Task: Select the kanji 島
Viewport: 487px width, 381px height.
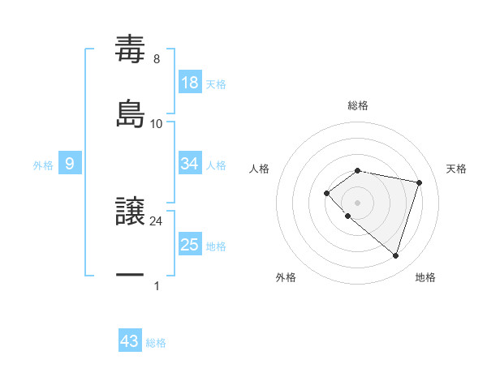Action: point(130,112)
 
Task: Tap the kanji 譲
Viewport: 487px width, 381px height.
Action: point(130,212)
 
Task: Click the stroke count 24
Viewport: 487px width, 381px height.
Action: point(157,220)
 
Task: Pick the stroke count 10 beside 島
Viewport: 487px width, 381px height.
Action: point(157,123)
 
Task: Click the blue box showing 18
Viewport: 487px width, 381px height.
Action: point(190,82)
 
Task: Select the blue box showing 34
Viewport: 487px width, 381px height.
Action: point(190,164)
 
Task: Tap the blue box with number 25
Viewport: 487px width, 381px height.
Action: point(190,244)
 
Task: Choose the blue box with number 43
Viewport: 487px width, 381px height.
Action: point(130,341)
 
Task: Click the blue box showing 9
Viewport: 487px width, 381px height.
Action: point(70,164)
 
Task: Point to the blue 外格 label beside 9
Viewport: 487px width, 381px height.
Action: point(43,165)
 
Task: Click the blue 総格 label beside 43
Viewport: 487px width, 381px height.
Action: point(156,343)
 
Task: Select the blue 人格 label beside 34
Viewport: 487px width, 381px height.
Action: point(216,165)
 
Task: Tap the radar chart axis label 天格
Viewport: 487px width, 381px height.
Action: point(456,169)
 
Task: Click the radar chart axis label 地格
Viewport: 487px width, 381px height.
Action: point(425,277)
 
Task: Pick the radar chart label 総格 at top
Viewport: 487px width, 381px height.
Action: point(358,105)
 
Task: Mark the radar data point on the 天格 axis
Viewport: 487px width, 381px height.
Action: point(419,182)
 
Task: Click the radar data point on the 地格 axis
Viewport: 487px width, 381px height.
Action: point(395,255)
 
